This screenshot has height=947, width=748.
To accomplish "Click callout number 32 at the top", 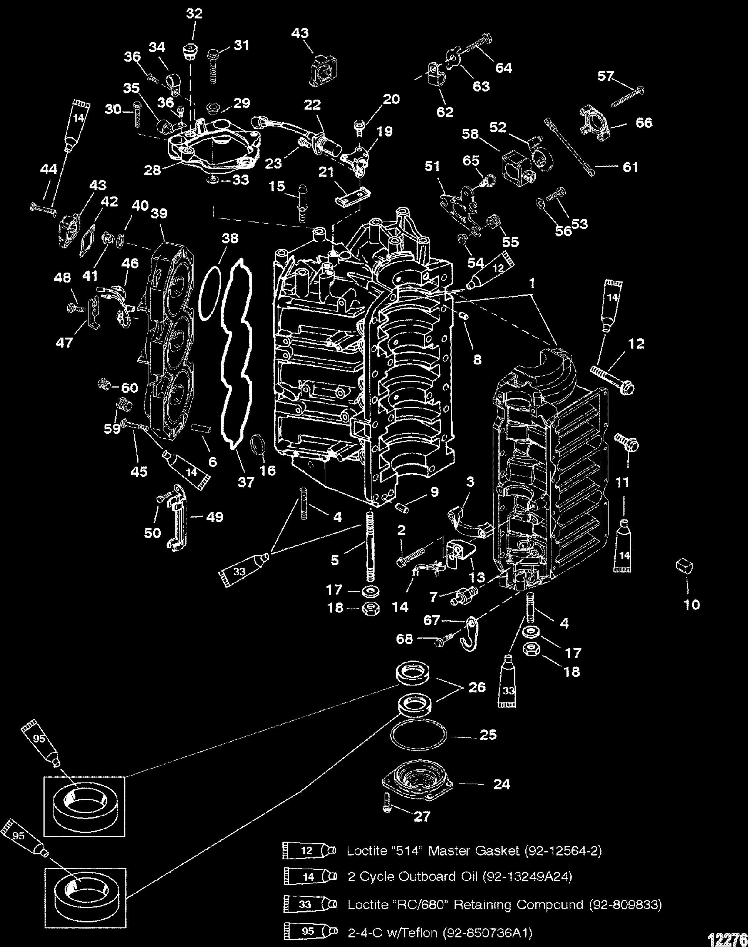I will pyautogui.click(x=195, y=14).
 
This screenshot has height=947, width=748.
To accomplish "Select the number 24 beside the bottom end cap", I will pyautogui.click(x=502, y=784).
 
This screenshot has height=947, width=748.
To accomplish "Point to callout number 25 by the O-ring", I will pyautogui.click(x=488, y=734).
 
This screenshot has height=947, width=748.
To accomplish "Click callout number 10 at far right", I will pyautogui.click(x=692, y=605).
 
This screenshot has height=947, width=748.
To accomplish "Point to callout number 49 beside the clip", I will pyautogui.click(x=214, y=517).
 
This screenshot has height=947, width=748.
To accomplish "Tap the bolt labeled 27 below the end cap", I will pyautogui.click(x=388, y=808).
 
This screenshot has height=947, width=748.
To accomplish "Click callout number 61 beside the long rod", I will pyautogui.click(x=630, y=167).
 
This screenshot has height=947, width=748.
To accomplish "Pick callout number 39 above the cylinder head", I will pyautogui.click(x=160, y=213).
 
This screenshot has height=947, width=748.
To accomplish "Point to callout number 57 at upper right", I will pyautogui.click(x=606, y=76).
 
